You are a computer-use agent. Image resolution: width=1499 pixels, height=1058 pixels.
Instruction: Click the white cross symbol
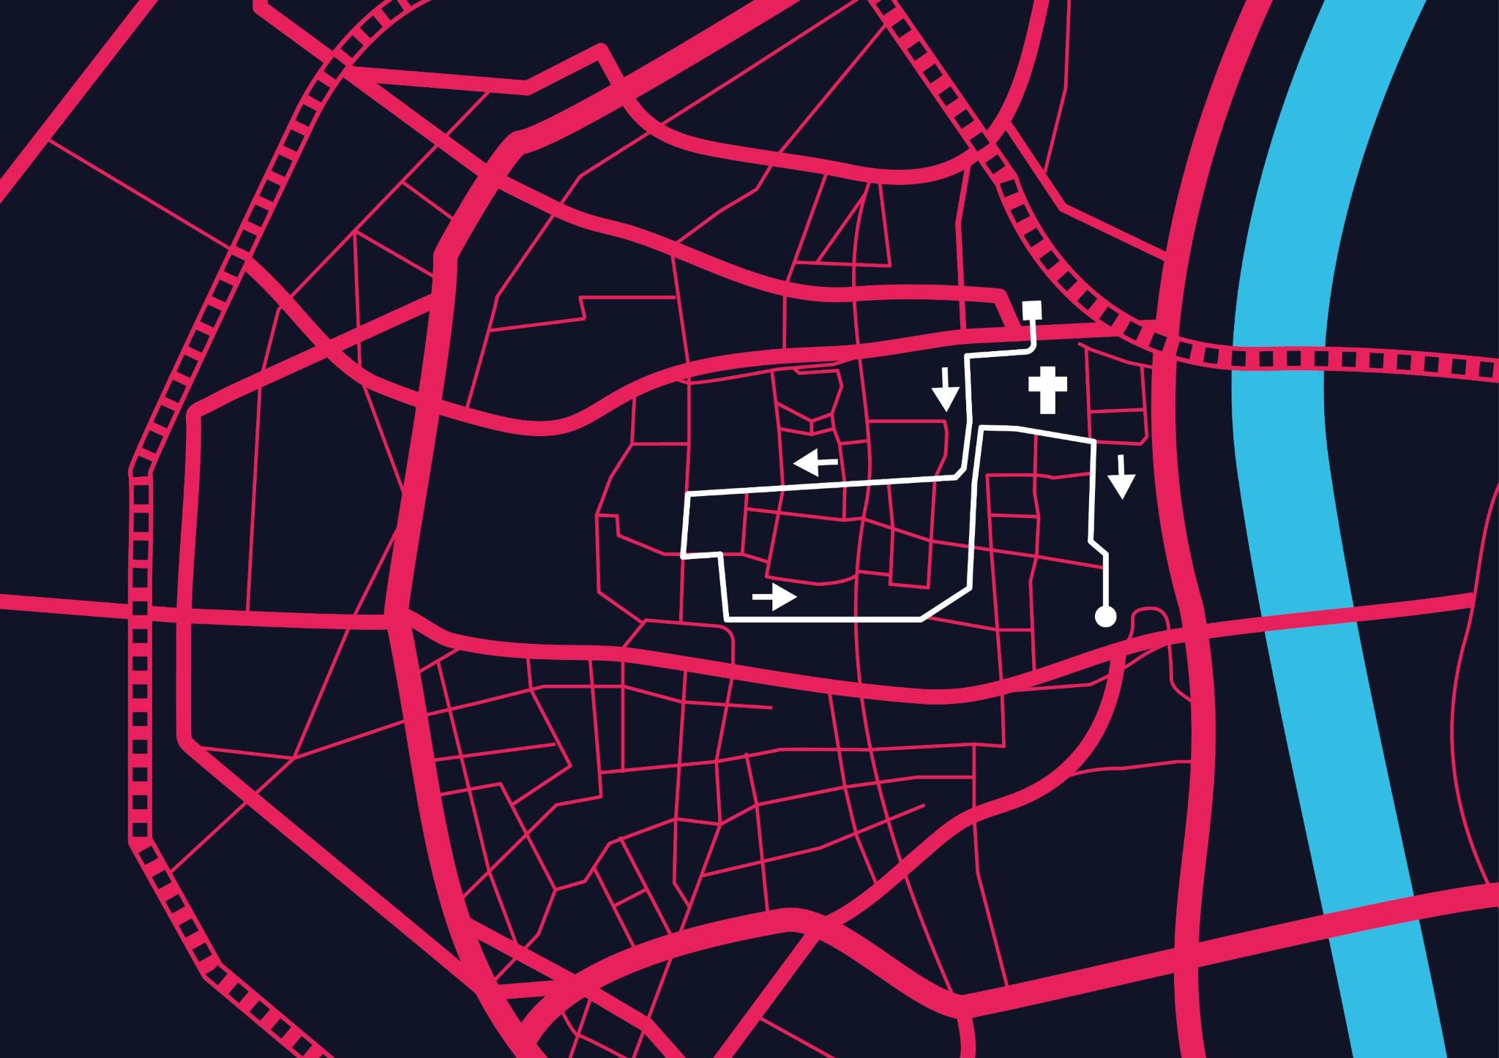coord(1047,391)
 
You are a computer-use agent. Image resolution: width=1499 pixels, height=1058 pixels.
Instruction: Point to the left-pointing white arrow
coord(816,462)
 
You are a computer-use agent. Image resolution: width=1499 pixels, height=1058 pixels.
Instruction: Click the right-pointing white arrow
coord(774,598)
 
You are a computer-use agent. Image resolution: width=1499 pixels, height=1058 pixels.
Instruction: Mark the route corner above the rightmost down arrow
coord(1094,442)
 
